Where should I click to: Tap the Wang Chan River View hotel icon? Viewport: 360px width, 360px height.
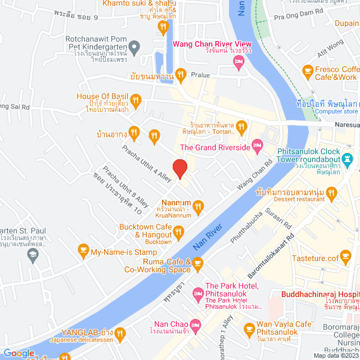click(x=238, y=65)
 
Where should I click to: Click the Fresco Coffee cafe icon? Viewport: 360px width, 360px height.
click(x=307, y=70)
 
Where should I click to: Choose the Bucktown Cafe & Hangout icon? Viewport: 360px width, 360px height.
click(x=179, y=231)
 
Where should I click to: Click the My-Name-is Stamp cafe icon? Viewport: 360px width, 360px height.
click(x=83, y=249)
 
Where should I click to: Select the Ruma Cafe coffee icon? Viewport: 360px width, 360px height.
click(x=197, y=262)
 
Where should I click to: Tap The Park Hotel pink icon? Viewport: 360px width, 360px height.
click(x=197, y=292)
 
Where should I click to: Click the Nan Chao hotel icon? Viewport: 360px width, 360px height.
click(x=195, y=325)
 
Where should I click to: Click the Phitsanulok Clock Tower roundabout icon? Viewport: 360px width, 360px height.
click(x=349, y=156)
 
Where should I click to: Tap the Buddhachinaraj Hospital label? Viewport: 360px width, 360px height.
click(x=320, y=294)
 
